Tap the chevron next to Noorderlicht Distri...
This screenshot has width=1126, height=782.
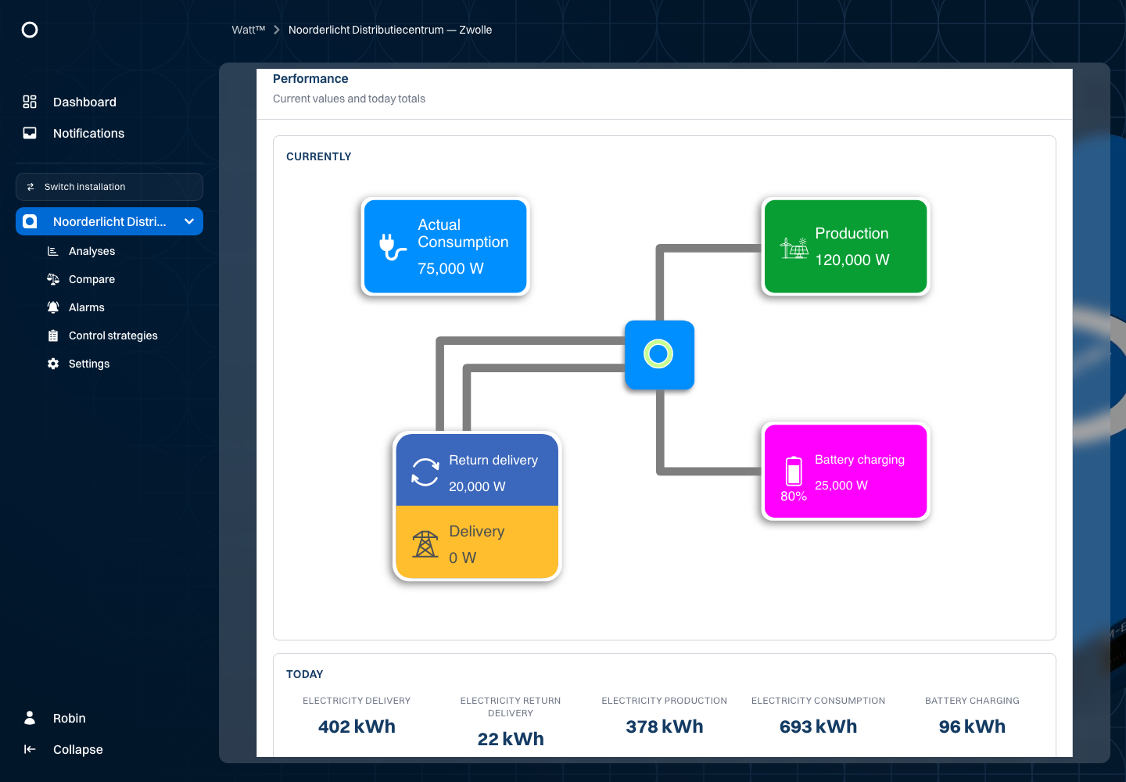coord(189,221)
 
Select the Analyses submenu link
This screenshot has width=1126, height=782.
coord(91,251)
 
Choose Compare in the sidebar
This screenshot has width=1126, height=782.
coord(91,279)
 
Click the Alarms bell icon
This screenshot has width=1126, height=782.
coord(53,307)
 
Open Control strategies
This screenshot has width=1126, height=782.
coord(113,335)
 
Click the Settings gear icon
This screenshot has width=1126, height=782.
coord(53,364)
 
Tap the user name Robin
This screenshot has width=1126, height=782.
coord(70,718)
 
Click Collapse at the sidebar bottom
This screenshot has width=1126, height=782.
coord(78,749)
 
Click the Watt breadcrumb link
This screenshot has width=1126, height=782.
coord(249,30)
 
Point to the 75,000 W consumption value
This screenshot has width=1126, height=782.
coord(450,268)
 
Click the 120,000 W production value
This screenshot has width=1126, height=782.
coord(852,260)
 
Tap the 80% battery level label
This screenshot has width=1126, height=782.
coord(793,497)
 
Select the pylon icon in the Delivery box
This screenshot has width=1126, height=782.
coord(425,544)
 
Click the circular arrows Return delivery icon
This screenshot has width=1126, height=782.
coord(425,472)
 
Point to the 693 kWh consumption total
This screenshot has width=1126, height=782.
coord(818,726)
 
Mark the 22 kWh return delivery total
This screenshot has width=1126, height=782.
coord(510,739)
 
